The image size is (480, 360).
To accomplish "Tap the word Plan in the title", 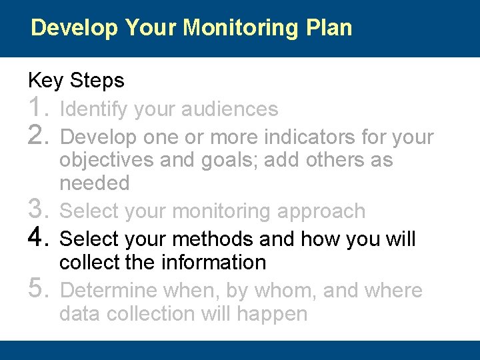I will (x=328, y=28).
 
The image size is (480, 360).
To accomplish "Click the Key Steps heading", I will (x=76, y=81).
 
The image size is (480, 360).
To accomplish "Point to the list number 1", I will (x=39, y=108).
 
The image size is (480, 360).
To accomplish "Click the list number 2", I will (x=39, y=137).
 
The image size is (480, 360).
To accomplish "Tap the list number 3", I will (x=39, y=211).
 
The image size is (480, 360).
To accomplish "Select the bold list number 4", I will (x=39, y=239).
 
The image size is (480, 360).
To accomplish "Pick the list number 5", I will (x=39, y=291).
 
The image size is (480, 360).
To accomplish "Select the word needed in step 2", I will (x=94, y=183).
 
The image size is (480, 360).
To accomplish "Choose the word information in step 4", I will (x=213, y=263).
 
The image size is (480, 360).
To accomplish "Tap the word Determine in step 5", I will (x=105, y=291).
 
